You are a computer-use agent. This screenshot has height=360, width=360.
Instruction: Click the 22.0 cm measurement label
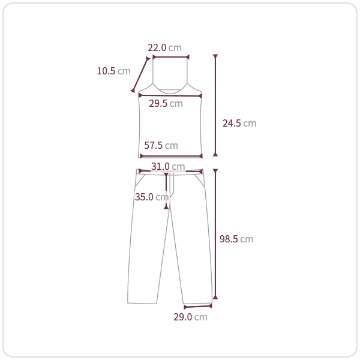pyautogui.click(x=164, y=48)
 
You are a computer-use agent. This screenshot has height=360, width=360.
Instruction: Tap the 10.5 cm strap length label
pyautogui.click(x=113, y=71)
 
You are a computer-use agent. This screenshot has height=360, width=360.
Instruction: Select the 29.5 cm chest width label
pyautogui.click(x=166, y=104)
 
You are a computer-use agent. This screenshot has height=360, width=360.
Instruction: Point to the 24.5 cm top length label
pyautogui.click(x=239, y=123)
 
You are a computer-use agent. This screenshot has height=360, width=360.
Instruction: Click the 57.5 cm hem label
pyautogui.click(x=161, y=145)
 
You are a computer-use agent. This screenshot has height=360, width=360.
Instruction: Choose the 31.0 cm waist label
pyautogui.click(x=168, y=166)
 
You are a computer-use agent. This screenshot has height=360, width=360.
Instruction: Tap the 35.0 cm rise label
pyautogui.click(x=152, y=197)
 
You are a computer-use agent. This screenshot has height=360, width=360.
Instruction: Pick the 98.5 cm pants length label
pyautogui.click(x=236, y=239)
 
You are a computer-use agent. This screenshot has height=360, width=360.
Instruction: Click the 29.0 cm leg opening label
pyautogui.click(x=190, y=317)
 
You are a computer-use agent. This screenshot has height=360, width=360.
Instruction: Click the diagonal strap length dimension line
pyautogui.click(x=140, y=74)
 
